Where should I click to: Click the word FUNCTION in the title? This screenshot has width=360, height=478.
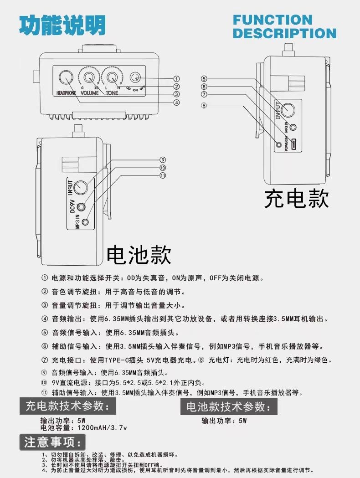[272, 20]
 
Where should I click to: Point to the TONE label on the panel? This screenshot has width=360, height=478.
[112, 93]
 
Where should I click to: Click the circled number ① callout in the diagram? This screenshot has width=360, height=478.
[176, 79]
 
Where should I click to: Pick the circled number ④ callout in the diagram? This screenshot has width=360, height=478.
[176, 103]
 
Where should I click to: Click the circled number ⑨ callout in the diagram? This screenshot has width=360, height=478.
[163, 159]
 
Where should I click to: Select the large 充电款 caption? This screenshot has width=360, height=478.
[296, 199]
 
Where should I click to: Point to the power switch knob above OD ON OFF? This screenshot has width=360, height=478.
[135, 77]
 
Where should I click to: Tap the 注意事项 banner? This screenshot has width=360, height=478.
[52, 442]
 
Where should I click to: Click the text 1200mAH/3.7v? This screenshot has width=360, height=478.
[102, 428]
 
